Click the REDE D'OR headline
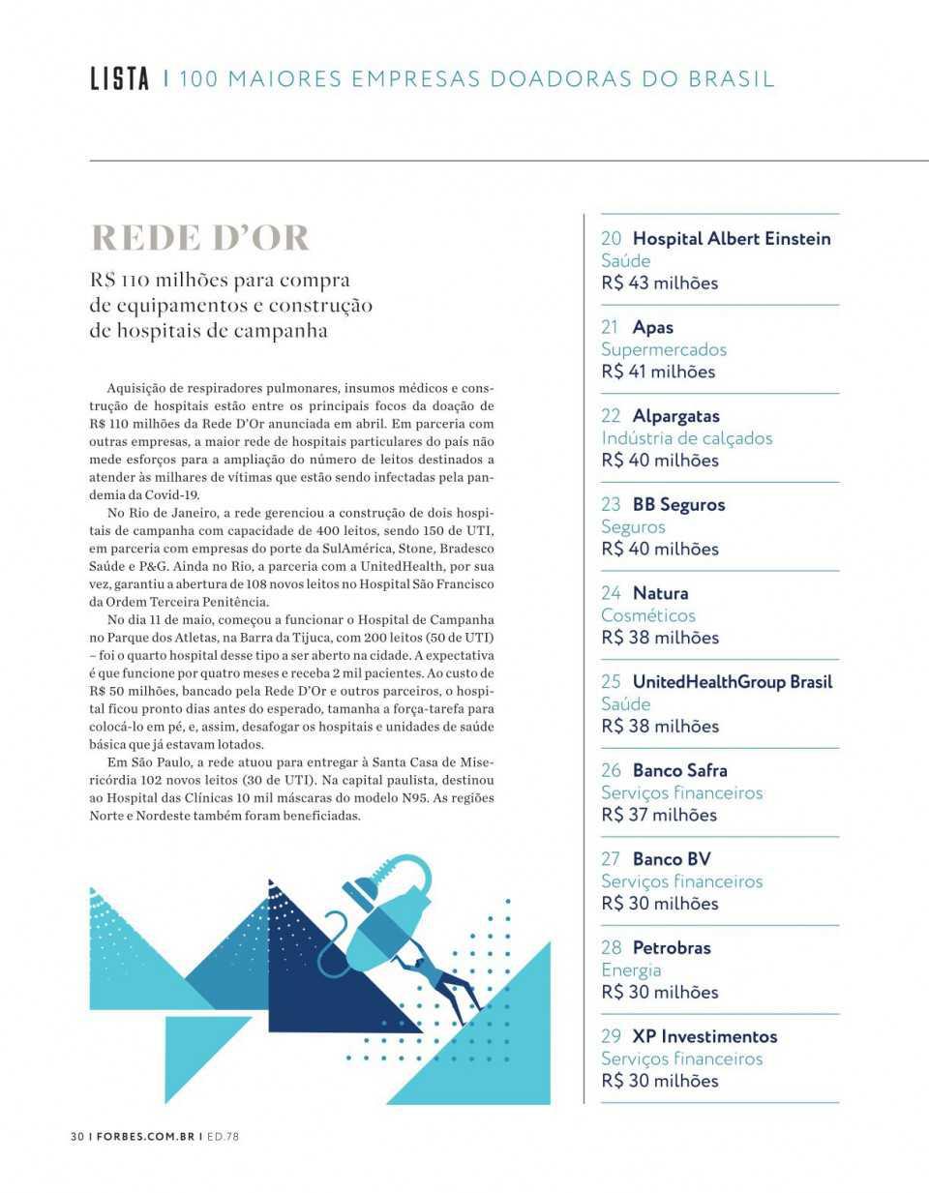pos(200,238)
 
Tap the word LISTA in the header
pos(120,79)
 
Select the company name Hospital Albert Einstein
pos(732,238)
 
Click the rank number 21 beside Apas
pos(611,327)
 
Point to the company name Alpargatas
pos(676,416)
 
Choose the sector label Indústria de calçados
pos(687,438)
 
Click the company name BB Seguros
pos(678,504)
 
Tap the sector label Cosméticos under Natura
pos(648,615)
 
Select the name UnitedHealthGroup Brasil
pos(733,681)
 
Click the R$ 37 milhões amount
pos(659,815)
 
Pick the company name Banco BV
pos(672,858)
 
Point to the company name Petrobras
pos(672,947)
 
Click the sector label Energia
pos(631,969)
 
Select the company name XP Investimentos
pos(704,1036)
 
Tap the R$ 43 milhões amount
pos(659,283)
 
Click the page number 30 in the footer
pos(77,1136)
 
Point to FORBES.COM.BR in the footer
pos(144,1136)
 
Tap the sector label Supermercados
pos(664,349)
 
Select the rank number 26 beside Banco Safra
pos(611,770)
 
